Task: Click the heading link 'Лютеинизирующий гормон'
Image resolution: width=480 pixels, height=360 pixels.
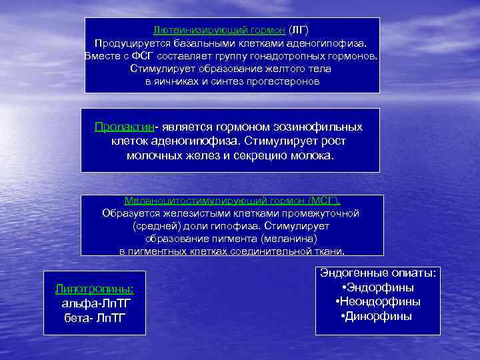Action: point(219,31)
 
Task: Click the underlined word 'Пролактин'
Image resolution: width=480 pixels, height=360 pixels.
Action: point(124,127)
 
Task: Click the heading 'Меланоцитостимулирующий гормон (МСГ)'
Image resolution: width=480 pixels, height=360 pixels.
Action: point(231,201)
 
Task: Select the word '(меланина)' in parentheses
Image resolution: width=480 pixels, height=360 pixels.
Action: point(289,239)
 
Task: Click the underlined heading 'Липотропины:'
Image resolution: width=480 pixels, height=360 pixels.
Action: point(94,289)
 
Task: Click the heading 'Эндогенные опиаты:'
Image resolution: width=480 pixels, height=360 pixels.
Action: point(378,273)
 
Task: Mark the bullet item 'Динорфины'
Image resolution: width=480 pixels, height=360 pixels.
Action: point(378,316)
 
